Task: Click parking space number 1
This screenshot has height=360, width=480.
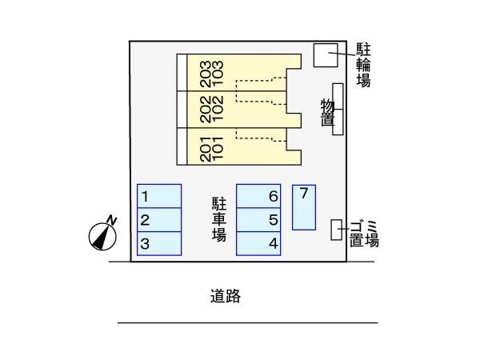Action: tap(159, 196)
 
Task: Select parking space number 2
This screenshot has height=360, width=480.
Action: tap(159, 220)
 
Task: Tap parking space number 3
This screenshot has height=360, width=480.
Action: tap(159, 244)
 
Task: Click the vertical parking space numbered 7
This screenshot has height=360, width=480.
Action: tap(304, 207)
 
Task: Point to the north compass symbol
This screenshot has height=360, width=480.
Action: tap(102, 234)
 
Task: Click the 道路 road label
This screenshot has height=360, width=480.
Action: tap(226, 296)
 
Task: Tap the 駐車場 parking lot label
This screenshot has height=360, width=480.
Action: tap(218, 218)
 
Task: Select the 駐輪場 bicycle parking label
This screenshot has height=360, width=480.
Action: tap(363, 64)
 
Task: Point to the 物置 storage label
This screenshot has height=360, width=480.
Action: tap(327, 113)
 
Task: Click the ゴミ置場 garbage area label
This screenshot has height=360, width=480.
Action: tap(363, 234)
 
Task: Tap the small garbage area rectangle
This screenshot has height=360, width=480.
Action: tap(337, 230)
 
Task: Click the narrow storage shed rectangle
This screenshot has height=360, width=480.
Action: tap(338, 109)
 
